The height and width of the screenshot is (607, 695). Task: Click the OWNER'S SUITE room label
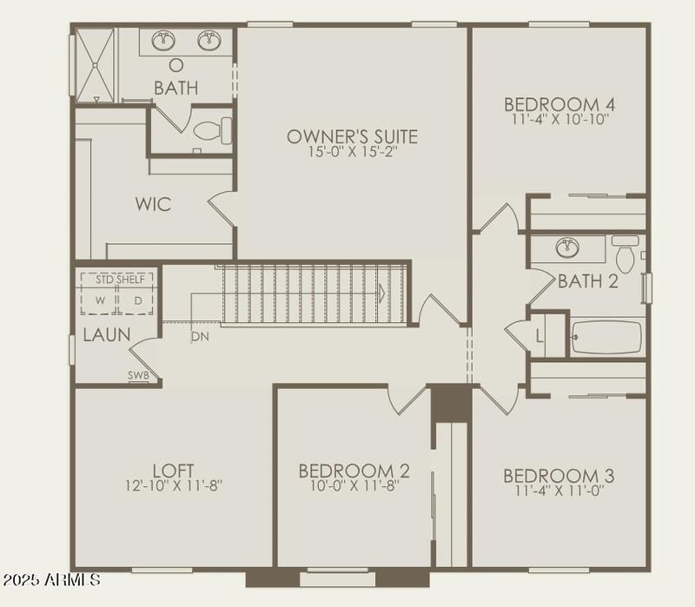tap(352, 136)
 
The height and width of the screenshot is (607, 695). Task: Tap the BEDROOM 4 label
tap(559, 105)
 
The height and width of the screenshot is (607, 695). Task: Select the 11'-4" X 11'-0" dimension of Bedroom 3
tap(559, 490)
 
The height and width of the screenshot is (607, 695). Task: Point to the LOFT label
tap(173, 470)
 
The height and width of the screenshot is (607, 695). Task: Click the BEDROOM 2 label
tap(354, 471)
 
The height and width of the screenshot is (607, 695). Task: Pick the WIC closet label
tap(153, 205)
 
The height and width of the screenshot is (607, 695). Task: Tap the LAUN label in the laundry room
tap(107, 334)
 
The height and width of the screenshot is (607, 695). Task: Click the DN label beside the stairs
tap(200, 336)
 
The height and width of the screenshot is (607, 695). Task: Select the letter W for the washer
tap(101, 300)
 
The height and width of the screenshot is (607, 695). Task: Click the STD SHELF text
tap(117, 279)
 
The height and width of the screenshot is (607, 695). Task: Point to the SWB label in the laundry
tap(139, 376)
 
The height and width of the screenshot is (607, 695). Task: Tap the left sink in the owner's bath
tap(163, 40)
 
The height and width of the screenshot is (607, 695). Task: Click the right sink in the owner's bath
tap(208, 40)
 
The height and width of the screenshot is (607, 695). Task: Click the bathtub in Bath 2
tap(606, 337)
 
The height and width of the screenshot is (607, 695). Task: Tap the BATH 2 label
tap(587, 280)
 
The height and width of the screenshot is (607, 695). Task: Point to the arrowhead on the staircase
tap(381, 294)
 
